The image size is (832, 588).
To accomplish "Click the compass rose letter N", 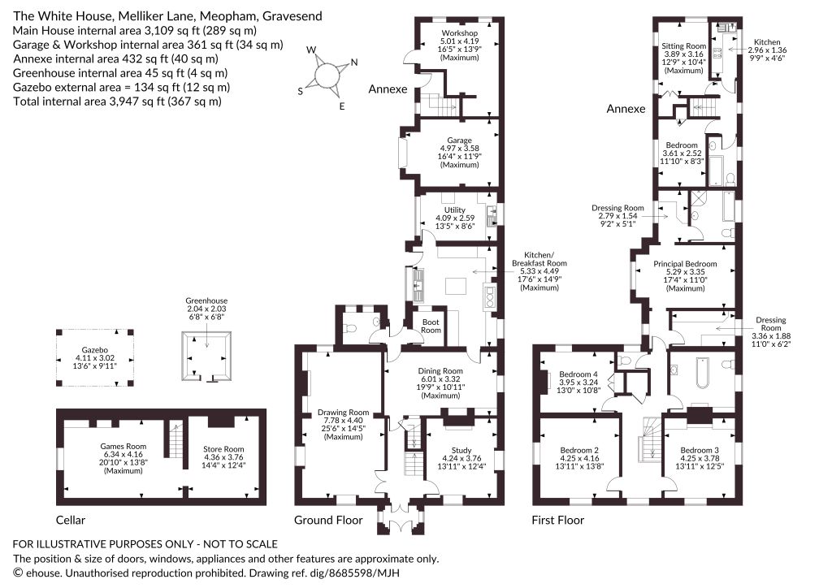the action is click(x=354, y=62).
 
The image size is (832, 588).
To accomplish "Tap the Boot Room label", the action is click(x=431, y=326).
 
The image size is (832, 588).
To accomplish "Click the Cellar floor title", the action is click(x=71, y=520).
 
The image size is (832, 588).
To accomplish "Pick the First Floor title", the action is click(x=557, y=520).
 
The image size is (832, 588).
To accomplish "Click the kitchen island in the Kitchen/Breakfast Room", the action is click(x=456, y=286).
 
